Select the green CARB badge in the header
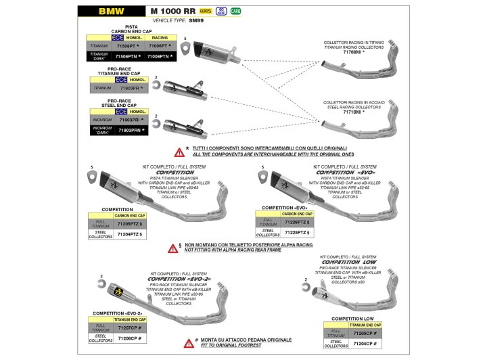[236, 12]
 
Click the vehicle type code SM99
[197, 22]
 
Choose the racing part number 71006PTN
[160, 56]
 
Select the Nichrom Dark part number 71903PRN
[132, 129]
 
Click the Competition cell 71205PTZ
[129, 223]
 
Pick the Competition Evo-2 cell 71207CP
[129, 326]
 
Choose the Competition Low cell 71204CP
[366, 344]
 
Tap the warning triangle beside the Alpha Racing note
[173, 248]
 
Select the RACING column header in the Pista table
[160, 38]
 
